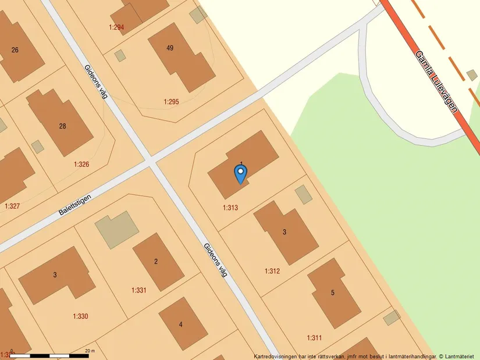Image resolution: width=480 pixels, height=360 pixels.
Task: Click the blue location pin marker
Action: (x=240, y=173)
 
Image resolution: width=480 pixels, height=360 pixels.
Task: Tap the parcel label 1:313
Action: (x=230, y=208)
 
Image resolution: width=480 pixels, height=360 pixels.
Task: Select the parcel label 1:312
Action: (x=272, y=271)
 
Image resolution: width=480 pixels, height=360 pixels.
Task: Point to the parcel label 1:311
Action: (x=314, y=337)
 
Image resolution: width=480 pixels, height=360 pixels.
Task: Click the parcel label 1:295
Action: (x=171, y=102)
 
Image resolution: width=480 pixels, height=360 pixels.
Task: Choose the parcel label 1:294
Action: (x=116, y=27)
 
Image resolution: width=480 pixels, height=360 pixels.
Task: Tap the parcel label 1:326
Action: (x=81, y=165)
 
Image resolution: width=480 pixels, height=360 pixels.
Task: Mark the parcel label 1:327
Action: (x=12, y=206)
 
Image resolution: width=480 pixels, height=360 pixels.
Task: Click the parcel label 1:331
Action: (x=139, y=290)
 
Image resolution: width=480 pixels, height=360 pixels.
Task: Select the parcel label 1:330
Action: (x=80, y=316)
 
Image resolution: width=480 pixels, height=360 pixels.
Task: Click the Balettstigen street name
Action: (x=75, y=205)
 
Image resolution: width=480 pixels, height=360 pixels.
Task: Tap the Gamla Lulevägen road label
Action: (x=437, y=81)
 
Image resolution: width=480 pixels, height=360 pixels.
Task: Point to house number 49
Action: (x=170, y=48)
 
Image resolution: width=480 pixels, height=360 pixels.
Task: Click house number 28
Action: (x=63, y=126)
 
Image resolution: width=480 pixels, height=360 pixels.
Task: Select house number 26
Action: (x=15, y=50)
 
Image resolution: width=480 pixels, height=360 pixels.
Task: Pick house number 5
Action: (x=333, y=293)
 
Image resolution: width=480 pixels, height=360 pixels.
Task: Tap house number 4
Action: (x=180, y=325)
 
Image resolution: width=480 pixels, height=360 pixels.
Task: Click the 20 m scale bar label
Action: (x=89, y=351)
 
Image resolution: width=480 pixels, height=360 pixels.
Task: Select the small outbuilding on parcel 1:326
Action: (x=38, y=147)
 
